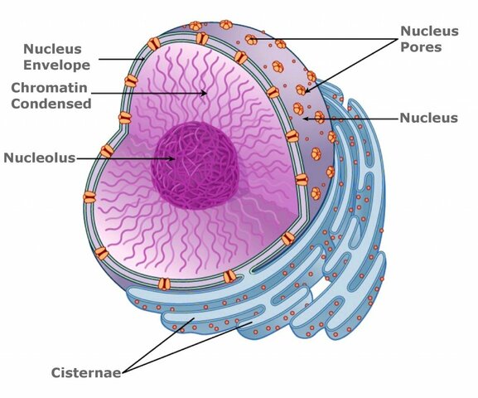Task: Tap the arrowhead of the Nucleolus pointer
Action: click(174, 157)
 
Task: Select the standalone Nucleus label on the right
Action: click(428, 118)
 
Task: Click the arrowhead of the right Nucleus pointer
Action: click(304, 118)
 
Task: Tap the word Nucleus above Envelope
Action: click(52, 50)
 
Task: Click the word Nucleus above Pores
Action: click(428, 32)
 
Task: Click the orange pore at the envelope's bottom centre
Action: click(229, 276)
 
